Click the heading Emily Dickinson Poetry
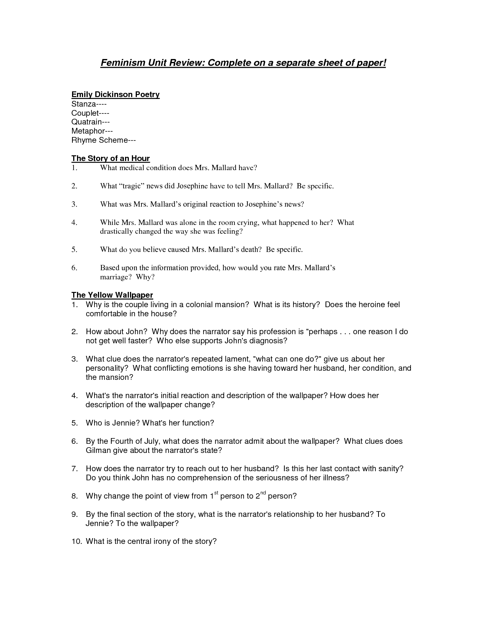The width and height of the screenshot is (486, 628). click(115, 94)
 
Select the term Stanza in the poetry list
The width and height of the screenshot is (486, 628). click(83, 104)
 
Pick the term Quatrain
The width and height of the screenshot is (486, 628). click(87, 122)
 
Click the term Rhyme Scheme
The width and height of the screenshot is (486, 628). click(99, 140)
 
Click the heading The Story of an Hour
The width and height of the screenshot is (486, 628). click(111, 158)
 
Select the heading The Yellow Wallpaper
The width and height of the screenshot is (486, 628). click(112, 295)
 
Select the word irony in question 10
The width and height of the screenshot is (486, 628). click(161, 541)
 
